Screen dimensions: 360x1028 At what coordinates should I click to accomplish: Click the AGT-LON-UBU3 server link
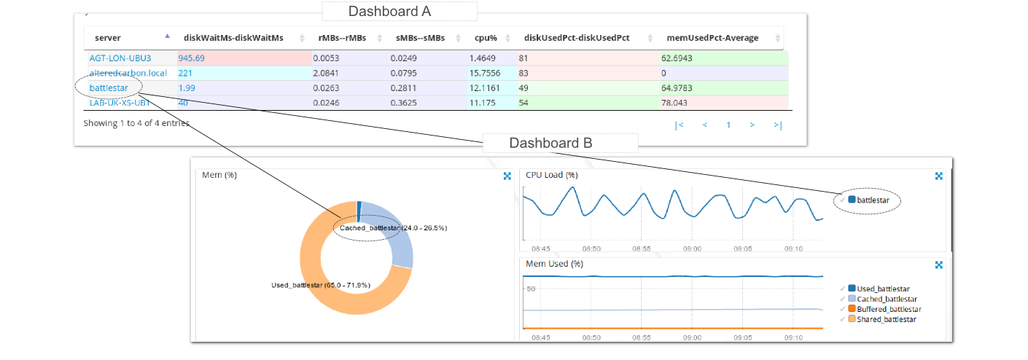[x=120, y=58]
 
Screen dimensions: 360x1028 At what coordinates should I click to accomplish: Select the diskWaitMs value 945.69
[x=192, y=58]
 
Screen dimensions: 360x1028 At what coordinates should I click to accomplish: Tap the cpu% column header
[x=486, y=37]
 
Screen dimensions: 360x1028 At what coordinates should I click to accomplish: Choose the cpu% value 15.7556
[x=490, y=73]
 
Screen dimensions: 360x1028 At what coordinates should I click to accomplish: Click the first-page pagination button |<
[x=680, y=125]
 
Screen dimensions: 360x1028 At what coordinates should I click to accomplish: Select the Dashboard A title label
[x=389, y=12]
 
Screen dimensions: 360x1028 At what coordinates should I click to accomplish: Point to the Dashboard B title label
[x=550, y=144]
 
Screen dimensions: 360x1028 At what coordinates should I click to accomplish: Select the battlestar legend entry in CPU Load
[x=871, y=199]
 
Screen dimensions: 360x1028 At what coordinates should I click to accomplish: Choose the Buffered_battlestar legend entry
[x=883, y=309]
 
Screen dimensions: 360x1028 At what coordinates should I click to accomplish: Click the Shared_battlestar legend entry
[x=881, y=319]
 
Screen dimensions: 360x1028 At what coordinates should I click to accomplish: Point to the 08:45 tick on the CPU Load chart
[x=541, y=248]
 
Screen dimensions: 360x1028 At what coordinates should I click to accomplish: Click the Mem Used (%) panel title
[x=554, y=264]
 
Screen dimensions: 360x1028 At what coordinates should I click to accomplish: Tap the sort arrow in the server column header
[x=167, y=36]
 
